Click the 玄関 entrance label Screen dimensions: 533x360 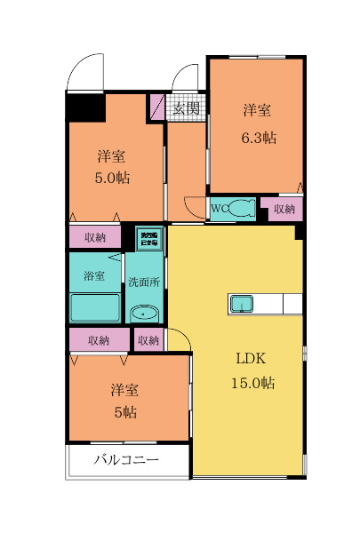[186, 109]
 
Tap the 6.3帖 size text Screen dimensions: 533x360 [258, 138]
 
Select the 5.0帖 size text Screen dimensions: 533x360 [112, 178]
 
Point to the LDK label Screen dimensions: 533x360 [252, 360]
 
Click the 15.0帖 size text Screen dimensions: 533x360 [252, 383]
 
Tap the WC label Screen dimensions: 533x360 [220, 209]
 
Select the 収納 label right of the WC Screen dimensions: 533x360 [284, 209]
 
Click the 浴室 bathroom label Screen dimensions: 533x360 [93, 275]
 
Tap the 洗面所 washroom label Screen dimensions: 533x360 [143, 282]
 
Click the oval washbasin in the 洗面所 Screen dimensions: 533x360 [143, 313]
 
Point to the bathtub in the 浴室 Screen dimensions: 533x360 [94, 307]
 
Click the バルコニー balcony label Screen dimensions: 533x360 [127, 461]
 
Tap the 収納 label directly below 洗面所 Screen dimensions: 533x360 [148, 340]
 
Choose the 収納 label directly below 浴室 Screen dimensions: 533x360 [99, 340]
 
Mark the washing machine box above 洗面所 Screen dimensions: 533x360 [148, 238]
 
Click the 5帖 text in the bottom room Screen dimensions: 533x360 [124, 411]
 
